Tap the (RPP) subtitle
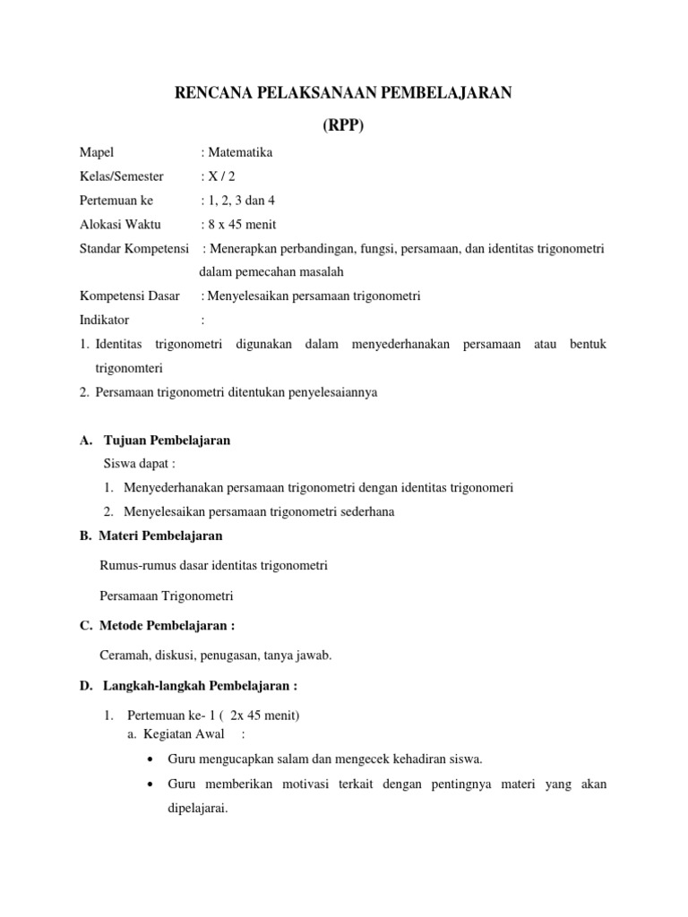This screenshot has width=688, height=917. click(x=343, y=126)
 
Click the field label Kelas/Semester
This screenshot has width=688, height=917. click(x=122, y=176)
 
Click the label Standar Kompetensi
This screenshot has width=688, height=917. click(x=134, y=248)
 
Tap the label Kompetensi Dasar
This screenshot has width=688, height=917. click(x=130, y=296)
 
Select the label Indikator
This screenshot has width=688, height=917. click(x=105, y=320)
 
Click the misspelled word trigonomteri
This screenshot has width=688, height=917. click(x=129, y=368)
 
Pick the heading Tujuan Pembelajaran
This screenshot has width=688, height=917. click(x=168, y=440)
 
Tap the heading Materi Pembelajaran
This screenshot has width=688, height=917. click(x=163, y=536)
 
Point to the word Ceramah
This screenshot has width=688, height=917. click(x=125, y=656)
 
